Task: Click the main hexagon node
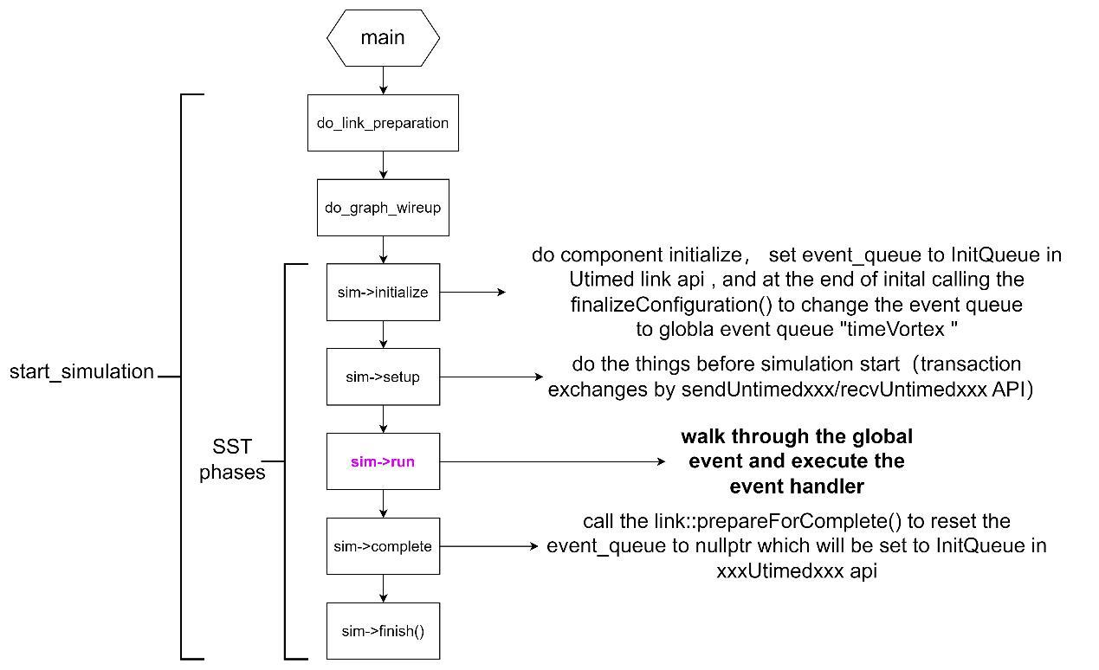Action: click(x=383, y=38)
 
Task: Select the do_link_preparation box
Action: click(x=383, y=123)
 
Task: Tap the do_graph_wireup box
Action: click(x=383, y=208)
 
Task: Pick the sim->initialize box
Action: click(x=383, y=293)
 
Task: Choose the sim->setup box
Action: click(x=383, y=377)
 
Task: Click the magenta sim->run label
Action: click(x=383, y=461)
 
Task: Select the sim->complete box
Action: click(x=383, y=546)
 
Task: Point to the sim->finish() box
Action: click(x=383, y=631)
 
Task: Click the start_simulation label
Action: click(x=81, y=372)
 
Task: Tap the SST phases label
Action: click(x=232, y=460)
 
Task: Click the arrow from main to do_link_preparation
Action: click(x=383, y=81)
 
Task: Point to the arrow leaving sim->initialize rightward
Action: click(x=472, y=293)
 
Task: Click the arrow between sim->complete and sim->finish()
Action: click(x=383, y=588)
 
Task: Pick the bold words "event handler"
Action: click(x=797, y=486)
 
